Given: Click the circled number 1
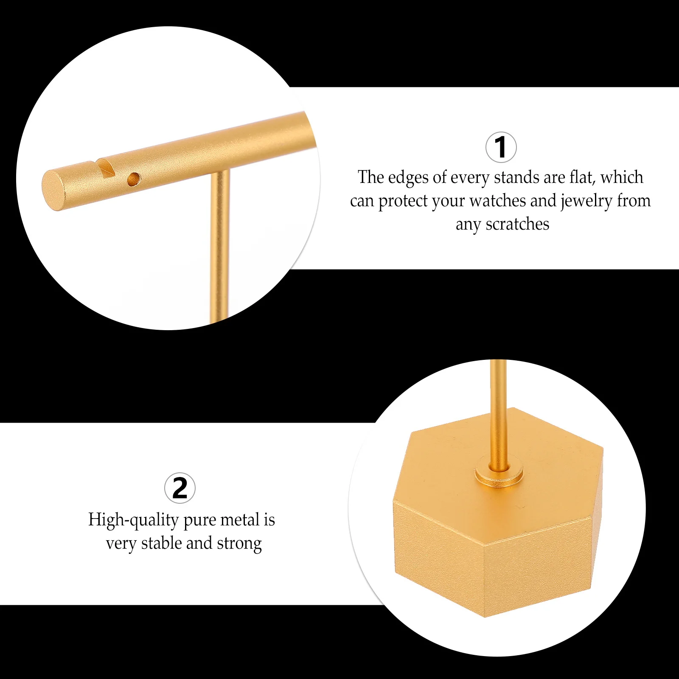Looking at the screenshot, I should tap(501, 147).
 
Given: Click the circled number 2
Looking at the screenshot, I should tap(180, 488).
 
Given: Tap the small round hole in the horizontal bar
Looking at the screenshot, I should tap(134, 179).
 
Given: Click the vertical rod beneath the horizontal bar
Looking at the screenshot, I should tap(220, 246).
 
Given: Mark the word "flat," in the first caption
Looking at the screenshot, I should tap(583, 177).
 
